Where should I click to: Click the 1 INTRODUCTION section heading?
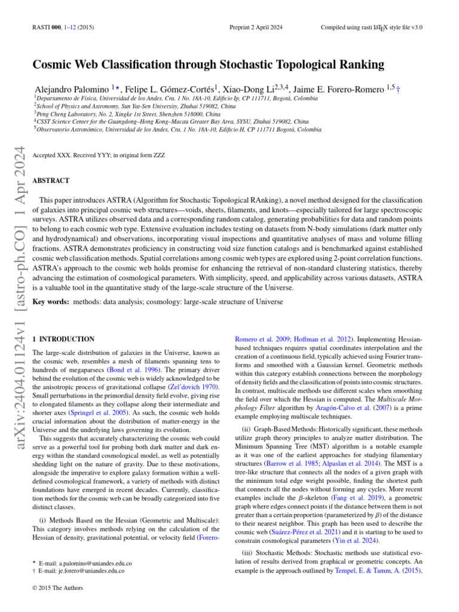click(x=63, y=339)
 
